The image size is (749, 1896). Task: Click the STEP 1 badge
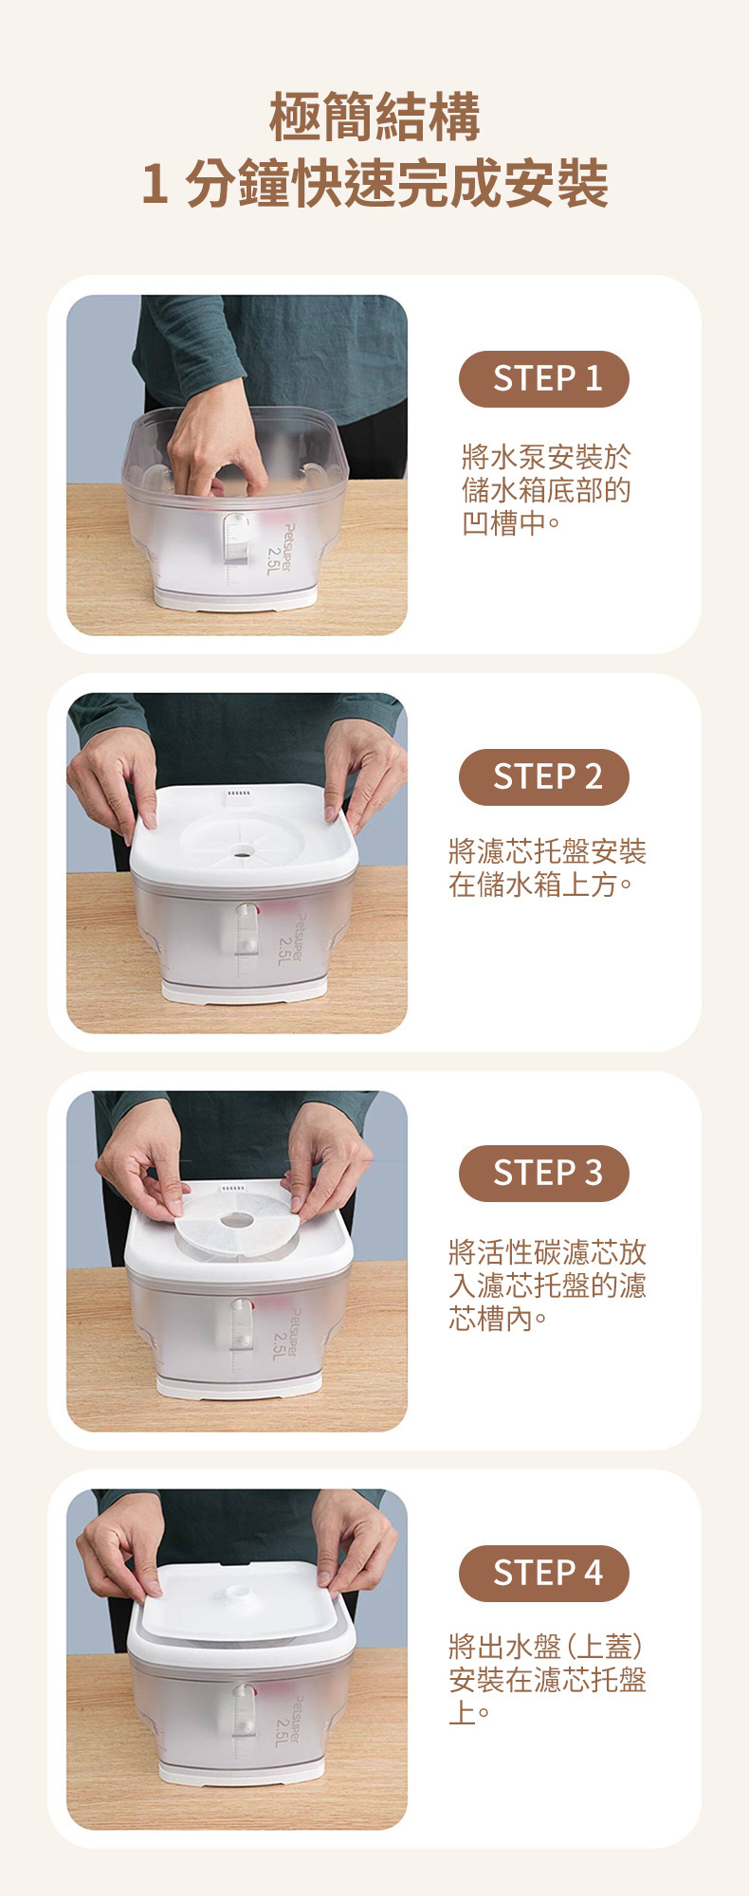click(x=543, y=379)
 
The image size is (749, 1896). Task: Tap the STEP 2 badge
click(x=543, y=777)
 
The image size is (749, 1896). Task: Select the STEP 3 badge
click(x=543, y=1174)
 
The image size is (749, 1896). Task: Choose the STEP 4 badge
click(x=543, y=1574)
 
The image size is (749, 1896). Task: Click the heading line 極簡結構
click(x=374, y=117)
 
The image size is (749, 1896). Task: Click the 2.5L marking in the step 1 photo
click(x=275, y=559)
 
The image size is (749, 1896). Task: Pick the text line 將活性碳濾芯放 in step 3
click(x=547, y=1253)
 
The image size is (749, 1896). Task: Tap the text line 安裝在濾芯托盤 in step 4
click(x=547, y=1680)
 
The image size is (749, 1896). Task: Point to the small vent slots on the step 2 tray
click(x=239, y=793)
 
